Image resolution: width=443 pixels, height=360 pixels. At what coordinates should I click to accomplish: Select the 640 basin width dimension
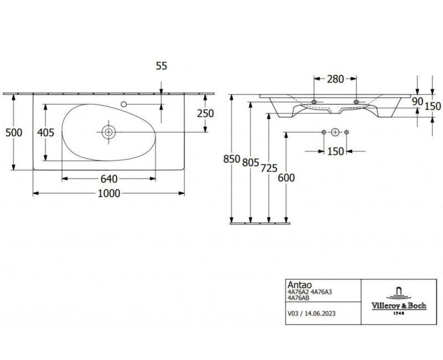tap(108, 178)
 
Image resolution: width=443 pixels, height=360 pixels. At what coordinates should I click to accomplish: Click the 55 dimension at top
tap(162, 66)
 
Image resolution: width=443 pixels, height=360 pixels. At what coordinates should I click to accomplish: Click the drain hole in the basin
tap(109, 132)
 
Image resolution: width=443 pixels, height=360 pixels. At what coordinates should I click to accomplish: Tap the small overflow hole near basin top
tap(124, 104)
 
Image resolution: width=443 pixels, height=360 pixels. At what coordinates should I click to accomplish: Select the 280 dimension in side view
tap(334, 80)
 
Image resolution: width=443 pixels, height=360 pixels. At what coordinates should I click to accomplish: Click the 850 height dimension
tap(231, 159)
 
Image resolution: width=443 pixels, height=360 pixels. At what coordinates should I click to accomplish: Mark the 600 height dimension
tap(286, 178)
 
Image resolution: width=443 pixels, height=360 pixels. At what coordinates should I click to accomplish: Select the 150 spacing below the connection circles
tap(336, 151)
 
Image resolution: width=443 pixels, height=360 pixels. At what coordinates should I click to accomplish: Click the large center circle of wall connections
tap(335, 132)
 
